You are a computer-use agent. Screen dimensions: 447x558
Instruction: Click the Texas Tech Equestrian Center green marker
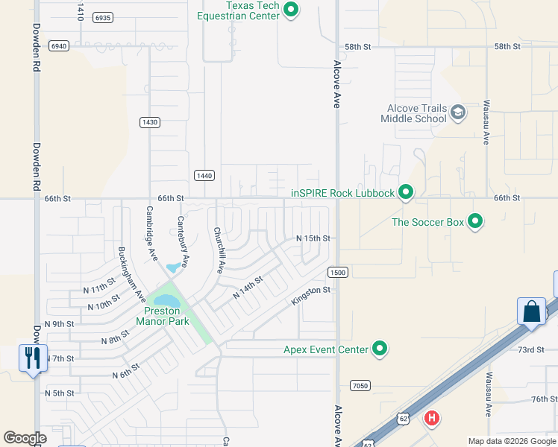coord(292,10)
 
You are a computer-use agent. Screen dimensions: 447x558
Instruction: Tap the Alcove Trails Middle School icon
coord(457,112)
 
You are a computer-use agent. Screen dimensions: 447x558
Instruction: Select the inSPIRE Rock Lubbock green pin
coord(405,193)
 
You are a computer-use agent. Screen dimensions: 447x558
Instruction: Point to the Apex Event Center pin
coord(380,349)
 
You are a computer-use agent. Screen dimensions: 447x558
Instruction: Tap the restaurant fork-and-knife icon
coord(32,358)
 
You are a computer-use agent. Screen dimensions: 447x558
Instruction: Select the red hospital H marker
coord(431,419)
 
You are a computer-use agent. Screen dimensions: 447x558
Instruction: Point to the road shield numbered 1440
coord(204,175)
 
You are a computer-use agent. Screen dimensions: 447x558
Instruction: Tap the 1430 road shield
coord(150,121)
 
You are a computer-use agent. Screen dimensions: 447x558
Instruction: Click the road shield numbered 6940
coord(59,45)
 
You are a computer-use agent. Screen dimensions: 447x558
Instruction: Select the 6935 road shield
coord(104,17)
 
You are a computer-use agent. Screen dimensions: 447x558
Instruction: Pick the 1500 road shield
coord(338,273)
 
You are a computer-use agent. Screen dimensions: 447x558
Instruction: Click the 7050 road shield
coord(360,385)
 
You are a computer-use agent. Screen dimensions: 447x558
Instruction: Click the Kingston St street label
coord(310,295)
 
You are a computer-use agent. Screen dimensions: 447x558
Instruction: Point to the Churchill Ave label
coord(219,250)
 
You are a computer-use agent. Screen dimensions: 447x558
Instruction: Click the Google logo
coord(25,438)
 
